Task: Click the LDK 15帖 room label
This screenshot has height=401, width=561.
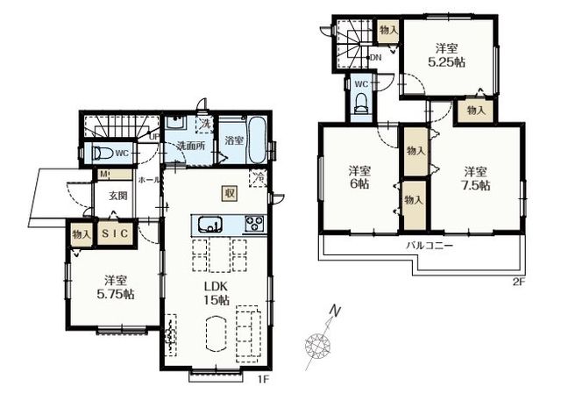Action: tap(217, 293)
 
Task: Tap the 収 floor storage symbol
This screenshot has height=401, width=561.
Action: tap(229, 194)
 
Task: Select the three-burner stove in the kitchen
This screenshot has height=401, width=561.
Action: tap(254, 224)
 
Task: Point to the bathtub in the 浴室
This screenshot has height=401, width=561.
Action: tap(257, 140)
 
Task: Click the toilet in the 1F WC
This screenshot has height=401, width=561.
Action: tap(103, 154)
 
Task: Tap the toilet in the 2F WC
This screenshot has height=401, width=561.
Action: tap(360, 104)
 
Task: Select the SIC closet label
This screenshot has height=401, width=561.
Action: tap(115, 233)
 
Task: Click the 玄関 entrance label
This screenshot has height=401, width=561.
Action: tap(118, 196)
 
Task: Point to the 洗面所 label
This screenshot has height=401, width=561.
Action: tap(191, 146)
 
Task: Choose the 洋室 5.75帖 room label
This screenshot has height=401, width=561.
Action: tap(116, 287)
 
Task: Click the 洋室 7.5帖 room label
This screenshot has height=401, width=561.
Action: tap(475, 179)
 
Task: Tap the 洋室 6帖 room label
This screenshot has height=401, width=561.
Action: tap(359, 177)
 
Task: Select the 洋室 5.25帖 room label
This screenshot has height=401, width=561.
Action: tap(446, 55)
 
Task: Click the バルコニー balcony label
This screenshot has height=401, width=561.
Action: tap(430, 246)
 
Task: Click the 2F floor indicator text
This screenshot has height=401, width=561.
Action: tap(519, 282)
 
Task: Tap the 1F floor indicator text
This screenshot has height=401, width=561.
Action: tap(263, 379)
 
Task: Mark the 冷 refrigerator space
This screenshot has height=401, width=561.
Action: tap(259, 177)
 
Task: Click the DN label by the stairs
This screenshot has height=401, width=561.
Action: tap(376, 57)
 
